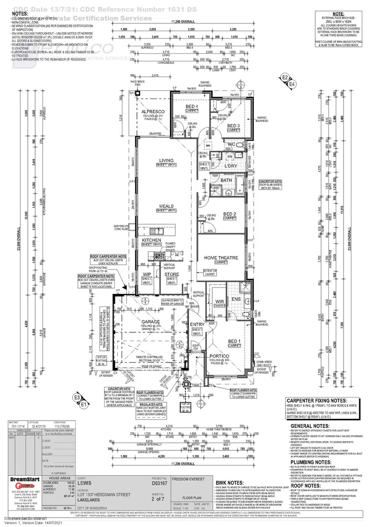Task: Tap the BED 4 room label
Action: [192, 106]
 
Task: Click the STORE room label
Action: [172, 274]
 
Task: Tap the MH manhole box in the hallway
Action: [208, 145]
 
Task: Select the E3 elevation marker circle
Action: [77, 398]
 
